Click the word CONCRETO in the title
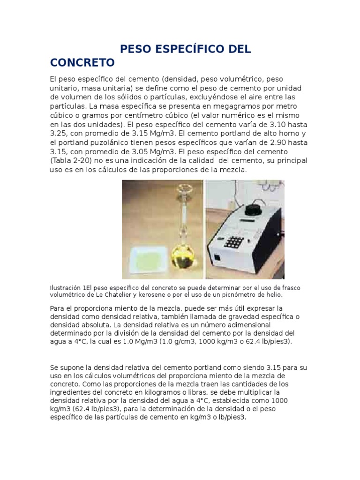click(82, 62)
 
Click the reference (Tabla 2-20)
click(70, 160)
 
